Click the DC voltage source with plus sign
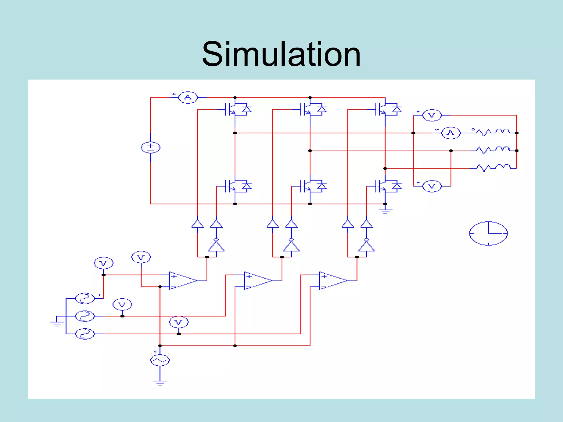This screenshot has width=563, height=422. tap(150, 147)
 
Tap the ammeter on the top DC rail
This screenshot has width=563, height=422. tap(188, 98)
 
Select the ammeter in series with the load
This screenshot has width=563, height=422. tap(451, 133)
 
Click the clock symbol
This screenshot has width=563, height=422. tap(488, 233)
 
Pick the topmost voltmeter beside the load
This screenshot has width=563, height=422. tap(432, 115)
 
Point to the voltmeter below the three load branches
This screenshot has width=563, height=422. tap(432, 186)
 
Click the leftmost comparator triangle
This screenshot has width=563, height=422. tap(182, 281)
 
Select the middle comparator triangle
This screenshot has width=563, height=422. tap(257, 281)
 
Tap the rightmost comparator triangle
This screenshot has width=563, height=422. tap(332, 281)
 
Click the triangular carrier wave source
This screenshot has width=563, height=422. tap(160, 360)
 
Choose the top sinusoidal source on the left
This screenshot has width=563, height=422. tap(85, 298)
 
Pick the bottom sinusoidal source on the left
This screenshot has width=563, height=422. tap(85, 334)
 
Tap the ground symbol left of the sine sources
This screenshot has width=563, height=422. tap(57, 323)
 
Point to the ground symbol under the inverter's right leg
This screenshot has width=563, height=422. tap(385, 211)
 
